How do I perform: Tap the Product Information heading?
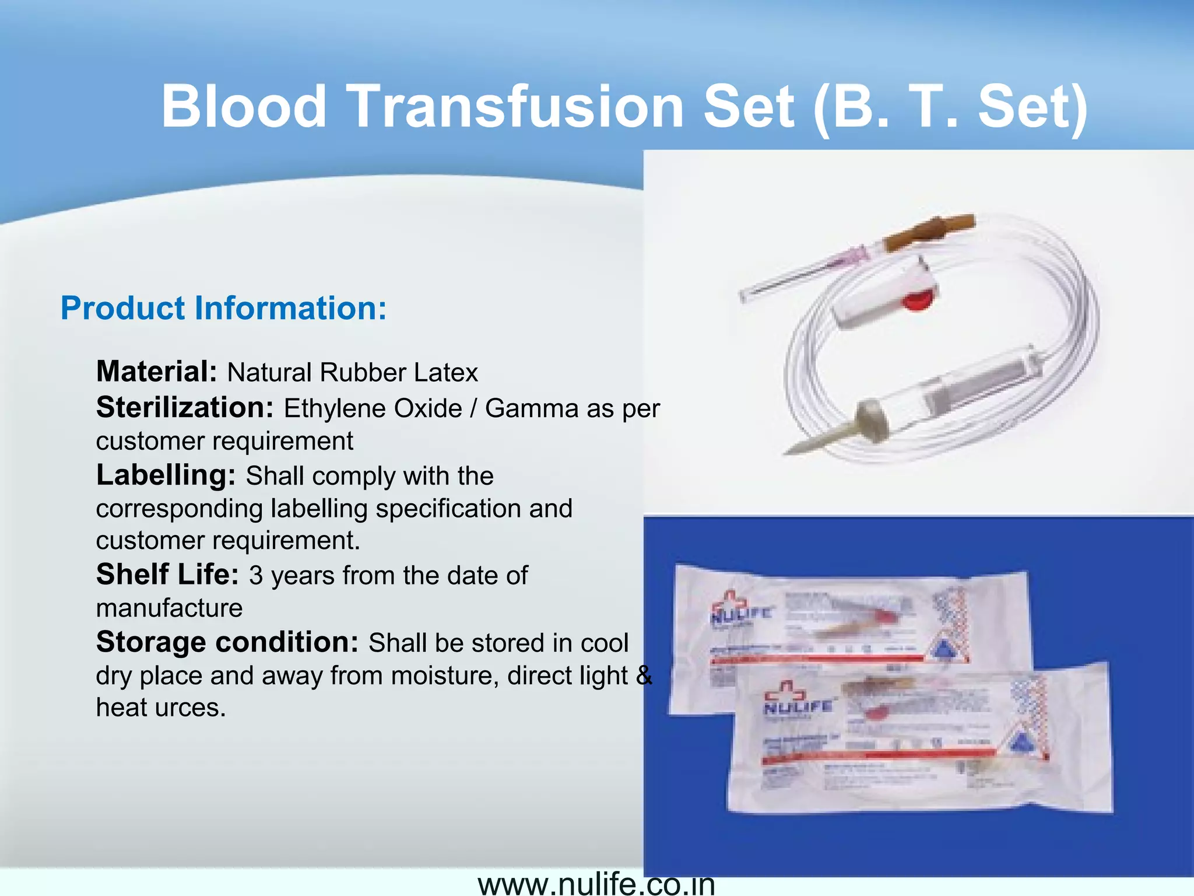[x=223, y=308]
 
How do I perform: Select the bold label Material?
[x=156, y=372]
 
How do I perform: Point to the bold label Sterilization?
[x=184, y=407]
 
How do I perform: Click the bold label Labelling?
[x=166, y=475]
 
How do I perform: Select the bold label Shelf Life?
[x=167, y=575]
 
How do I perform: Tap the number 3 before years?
[x=256, y=576]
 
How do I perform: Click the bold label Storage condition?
[x=227, y=642]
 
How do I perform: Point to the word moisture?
[x=444, y=675]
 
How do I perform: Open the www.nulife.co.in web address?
[x=596, y=884]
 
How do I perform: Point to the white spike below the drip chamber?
[x=816, y=443]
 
